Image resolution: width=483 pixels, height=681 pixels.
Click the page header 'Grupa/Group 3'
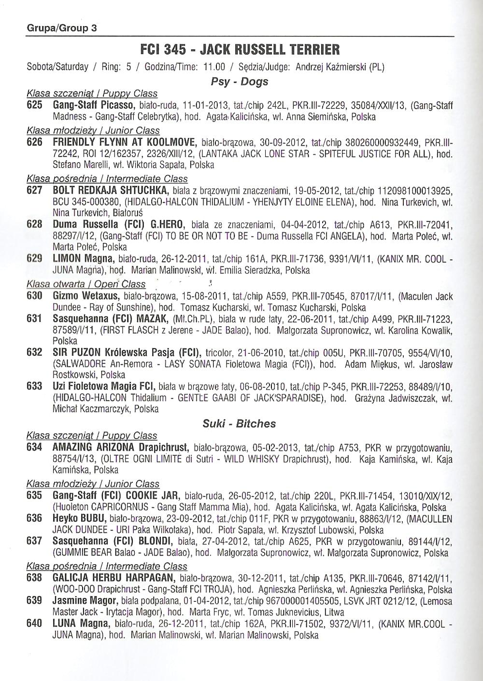(61, 28)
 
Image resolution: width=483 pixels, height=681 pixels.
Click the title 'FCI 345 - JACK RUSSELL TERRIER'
(240, 49)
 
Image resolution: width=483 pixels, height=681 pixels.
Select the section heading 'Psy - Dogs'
(240, 81)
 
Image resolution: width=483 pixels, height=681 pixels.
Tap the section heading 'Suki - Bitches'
(239, 424)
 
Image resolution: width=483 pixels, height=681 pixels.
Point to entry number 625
(34, 105)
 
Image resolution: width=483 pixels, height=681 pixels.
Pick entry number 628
(34, 224)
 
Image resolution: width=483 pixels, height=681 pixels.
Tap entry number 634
(34, 447)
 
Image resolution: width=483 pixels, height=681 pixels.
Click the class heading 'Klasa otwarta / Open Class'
(86, 284)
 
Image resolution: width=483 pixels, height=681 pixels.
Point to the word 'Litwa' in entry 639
(334, 612)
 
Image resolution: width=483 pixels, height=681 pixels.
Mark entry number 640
(34, 624)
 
